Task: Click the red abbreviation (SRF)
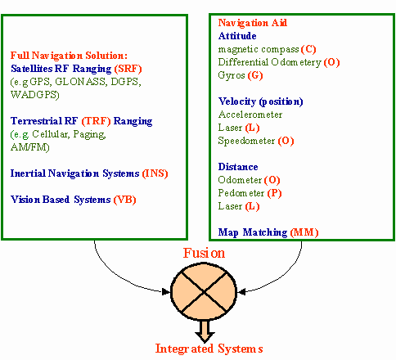(128, 69)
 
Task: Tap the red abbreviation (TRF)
(96, 121)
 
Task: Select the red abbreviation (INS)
(155, 173)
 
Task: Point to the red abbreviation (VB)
(124, 200)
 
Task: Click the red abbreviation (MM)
(304, 232)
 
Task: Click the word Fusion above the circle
(204, 253)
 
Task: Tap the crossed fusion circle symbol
(204, 291)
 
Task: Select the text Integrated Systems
(209, 349)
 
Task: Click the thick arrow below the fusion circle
(205, 331)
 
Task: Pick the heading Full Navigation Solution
(69, 56)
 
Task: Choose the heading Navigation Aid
(253, 23)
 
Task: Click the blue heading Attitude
(237, 36)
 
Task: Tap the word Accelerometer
(250, 115)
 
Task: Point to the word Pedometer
(241, 193)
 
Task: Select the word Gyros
(232, 75)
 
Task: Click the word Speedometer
(246, 141)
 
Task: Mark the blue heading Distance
(238, 167)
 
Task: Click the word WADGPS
(35, 95)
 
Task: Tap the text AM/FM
(30, 147)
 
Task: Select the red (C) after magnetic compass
(308, 49)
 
